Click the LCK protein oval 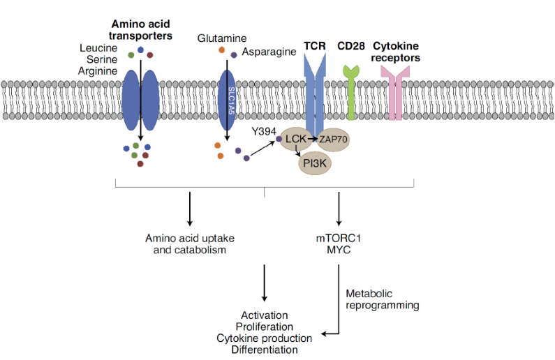point(296,140)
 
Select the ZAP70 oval point(334,140)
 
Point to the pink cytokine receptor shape point(396,98)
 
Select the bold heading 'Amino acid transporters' point(141,29)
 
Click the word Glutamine point(222,38)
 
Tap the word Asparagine point(269,52)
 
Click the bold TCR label point(315,46)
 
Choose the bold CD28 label point(350,46)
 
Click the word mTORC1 point(339,238)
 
